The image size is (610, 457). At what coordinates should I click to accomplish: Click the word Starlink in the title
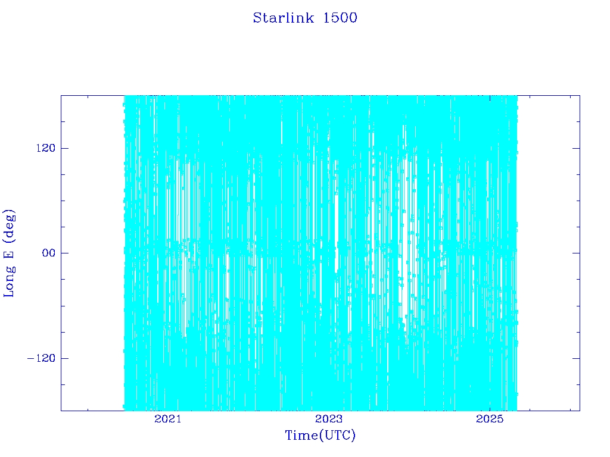pos(283,18)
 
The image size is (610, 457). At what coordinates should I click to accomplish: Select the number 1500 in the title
pos(340,18)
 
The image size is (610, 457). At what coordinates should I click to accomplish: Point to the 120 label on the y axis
pos(46,148)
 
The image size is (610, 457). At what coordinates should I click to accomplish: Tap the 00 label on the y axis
pos(49,253)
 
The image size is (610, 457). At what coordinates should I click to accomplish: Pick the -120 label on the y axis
pos(41,358)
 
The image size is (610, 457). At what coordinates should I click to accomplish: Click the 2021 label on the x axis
pos(167,419)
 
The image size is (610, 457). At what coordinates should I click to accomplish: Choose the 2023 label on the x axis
pos(329,419)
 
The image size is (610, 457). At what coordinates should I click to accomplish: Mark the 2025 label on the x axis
pos(490,419)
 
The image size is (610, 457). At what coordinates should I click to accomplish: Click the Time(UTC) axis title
pos(320,435)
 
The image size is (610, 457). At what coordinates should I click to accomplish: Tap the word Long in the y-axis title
pos(9,282)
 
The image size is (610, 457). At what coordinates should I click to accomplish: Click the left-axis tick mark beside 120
pos(64,148)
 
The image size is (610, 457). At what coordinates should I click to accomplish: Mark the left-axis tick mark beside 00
pos(64,253)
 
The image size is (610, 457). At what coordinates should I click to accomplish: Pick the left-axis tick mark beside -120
pos(64,358)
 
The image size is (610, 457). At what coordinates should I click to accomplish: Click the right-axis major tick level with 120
pos(576,148)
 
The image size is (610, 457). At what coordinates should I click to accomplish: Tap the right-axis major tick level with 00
pos(576,253)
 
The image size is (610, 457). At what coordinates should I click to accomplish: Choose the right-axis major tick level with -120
pos(576,358)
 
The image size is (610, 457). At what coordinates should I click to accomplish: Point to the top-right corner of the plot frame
pos(580,96)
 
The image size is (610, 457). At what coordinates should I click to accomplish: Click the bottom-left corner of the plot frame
pos(61,411)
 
